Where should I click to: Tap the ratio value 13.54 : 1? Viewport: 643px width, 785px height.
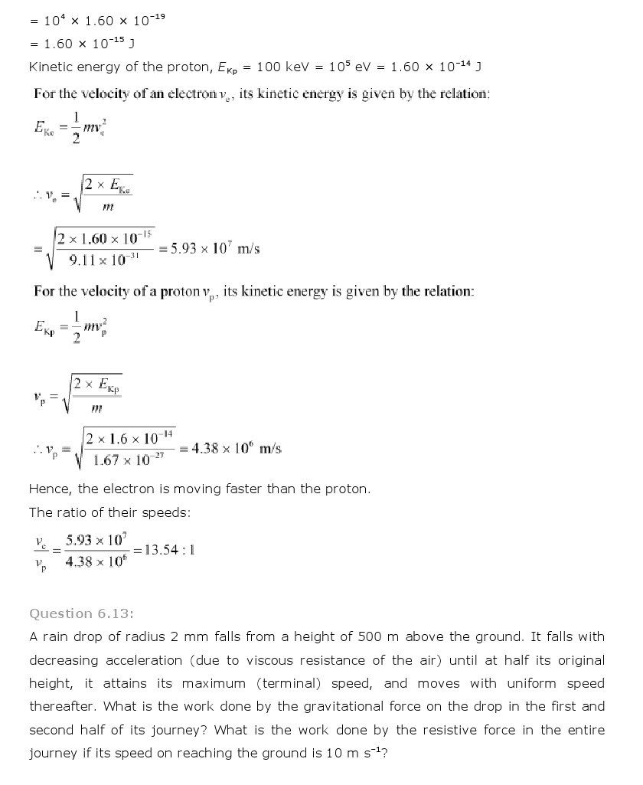coord(164,549)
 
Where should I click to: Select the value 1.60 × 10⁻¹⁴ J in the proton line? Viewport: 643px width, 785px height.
coord(436,67)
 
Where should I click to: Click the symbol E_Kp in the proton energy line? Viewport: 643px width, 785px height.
coord(231,67)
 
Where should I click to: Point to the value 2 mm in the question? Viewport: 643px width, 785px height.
coord(178,636)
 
